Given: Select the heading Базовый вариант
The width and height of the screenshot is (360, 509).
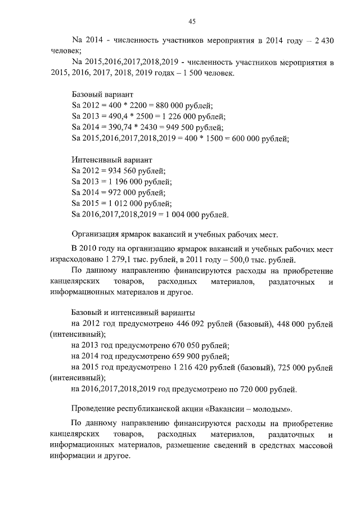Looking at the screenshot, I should (x=102, y=94).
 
